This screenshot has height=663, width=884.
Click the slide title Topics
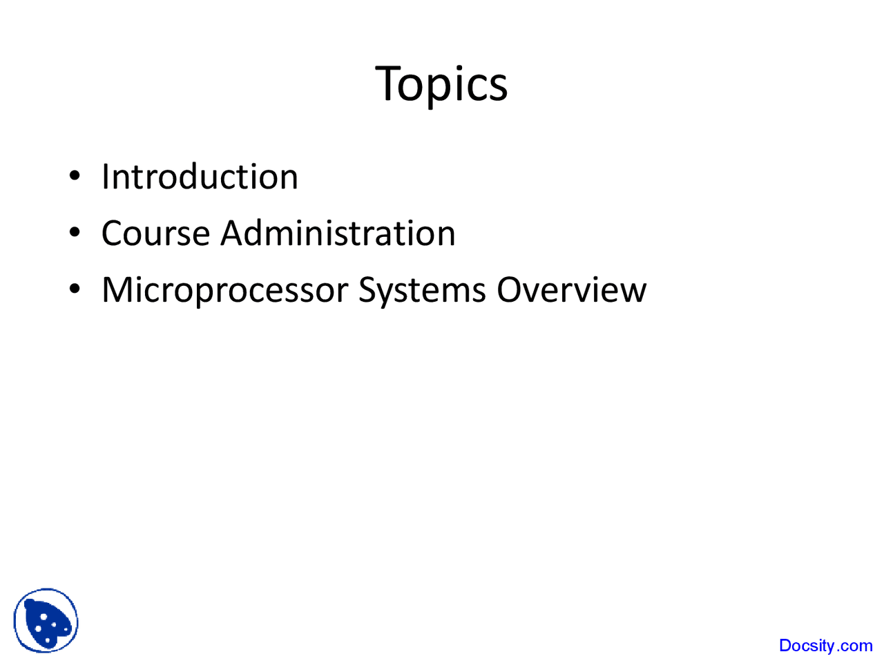pyautogui.click(x=441, y=86)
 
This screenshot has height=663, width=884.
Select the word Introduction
pyautogui.click(x=200, y=176)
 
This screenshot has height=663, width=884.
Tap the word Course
pyautogui.click(x=156, y=233)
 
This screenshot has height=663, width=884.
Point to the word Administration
pyautogui.click(x=338, y=233)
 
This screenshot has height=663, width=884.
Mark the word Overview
pyautogui.click(x=571, y=290)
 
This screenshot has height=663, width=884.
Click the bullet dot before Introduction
pyautogui.click(x=75, y=175)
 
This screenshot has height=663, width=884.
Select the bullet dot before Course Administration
pyautogui.click(x=75, y=232)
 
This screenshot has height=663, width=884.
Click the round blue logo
pyautogui.click(x=46, y=620)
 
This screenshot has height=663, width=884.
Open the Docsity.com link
pyautogui.click(x=825, y=646)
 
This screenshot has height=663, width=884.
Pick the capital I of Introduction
pyautogui.click(x=105, y=176)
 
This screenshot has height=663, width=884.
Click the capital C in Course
pyautogui.click(x=113, y=233)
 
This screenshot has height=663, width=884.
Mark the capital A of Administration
pyautogui.click(x=234, y=233)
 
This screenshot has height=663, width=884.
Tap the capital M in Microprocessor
pyautogui.click(x=118, y=290)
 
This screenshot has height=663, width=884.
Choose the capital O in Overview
pyautogui.click(x=510, y=290)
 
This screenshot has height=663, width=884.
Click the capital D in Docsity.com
pyautogui.click(x=785, y=645)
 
